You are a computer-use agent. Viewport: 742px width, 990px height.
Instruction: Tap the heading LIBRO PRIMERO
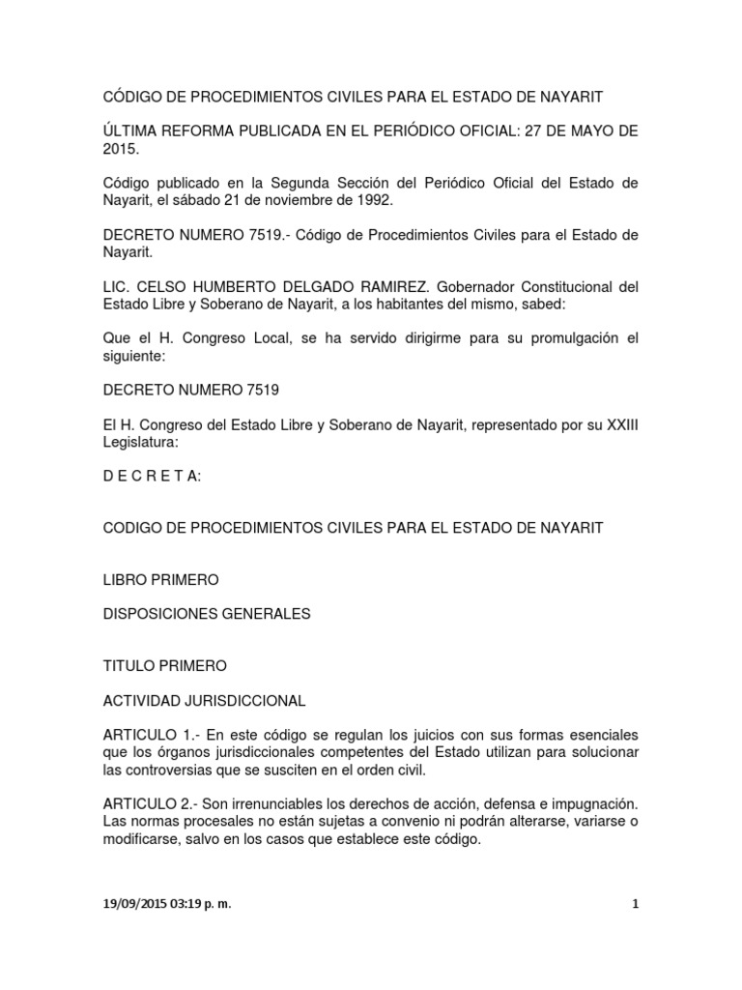click(x=160, y=579)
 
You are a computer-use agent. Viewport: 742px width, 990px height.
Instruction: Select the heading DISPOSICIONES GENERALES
click(x=206, y=614)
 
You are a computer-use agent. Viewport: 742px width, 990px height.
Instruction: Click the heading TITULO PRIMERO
click(x=164, y=666)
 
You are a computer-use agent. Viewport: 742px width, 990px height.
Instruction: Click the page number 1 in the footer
click(x=635, y=905)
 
